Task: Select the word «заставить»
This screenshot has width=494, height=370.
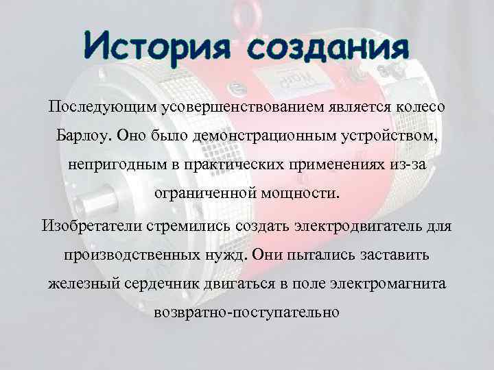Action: [x=394, y=254]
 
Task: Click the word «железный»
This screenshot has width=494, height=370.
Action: [x=80, y=283]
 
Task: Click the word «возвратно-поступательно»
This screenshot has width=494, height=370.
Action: [x=247, y=312]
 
